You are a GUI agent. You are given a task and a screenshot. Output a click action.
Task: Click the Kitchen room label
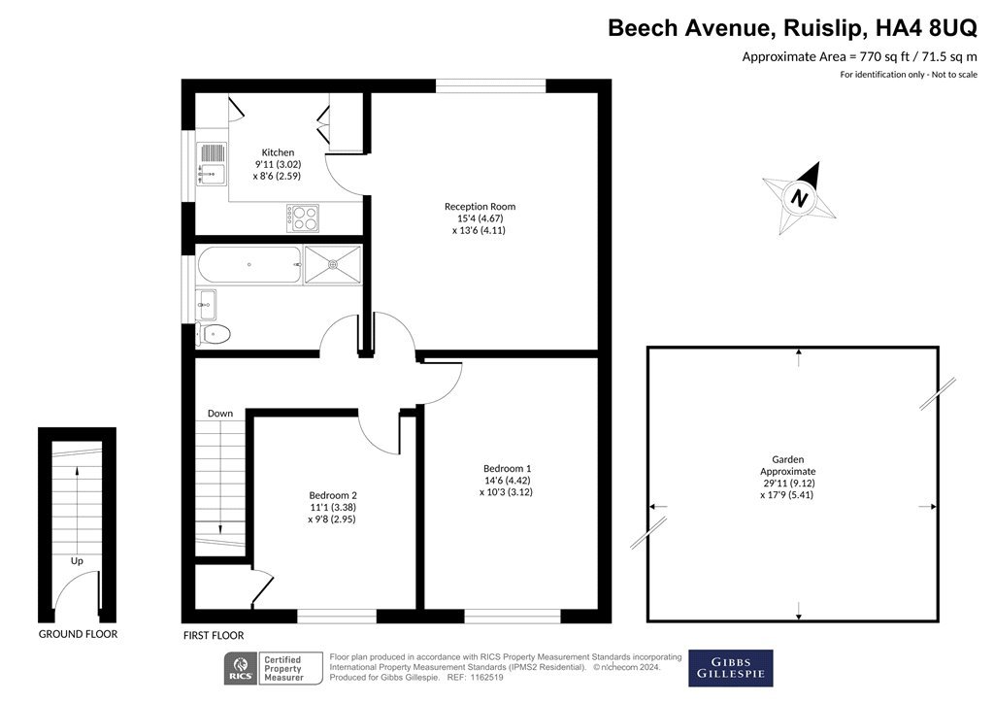278,152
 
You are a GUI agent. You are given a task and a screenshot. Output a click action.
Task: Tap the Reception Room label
480,206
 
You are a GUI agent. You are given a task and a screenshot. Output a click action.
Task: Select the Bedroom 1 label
507,469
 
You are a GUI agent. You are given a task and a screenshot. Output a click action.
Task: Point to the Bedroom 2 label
333,495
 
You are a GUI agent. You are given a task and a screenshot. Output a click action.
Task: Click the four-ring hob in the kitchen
303,218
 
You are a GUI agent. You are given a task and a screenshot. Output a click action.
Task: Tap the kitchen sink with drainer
211,164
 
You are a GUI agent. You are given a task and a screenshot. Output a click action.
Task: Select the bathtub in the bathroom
249,264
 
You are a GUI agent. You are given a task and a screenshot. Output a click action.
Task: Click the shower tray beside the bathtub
333,264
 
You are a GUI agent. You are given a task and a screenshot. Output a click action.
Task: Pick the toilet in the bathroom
213,334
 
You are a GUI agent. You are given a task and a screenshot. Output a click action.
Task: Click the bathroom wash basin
206,305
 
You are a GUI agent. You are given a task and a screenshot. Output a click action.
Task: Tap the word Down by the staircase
220,414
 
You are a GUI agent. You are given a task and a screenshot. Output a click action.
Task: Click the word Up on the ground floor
77,561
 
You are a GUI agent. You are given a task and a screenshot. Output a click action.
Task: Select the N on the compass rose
800,198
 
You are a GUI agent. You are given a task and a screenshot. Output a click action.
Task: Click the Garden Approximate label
788,465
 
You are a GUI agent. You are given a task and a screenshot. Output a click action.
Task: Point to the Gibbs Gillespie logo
731,668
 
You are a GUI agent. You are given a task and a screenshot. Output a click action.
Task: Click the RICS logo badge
241,669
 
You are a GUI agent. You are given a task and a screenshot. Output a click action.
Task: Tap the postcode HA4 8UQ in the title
926,28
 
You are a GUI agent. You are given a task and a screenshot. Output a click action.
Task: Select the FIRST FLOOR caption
214,635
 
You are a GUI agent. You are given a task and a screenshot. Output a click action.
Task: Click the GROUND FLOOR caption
78,634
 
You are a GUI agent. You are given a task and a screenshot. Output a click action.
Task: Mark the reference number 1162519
487,678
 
